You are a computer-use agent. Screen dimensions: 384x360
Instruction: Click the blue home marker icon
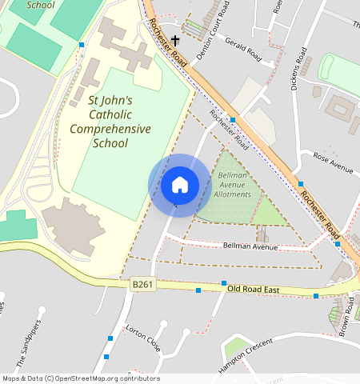coord(180,185)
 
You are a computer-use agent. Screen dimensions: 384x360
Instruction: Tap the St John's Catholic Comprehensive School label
coord(110,122)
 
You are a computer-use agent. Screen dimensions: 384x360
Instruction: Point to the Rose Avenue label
coord(333,162)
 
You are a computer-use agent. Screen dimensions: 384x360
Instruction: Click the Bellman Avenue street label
coord(250,246)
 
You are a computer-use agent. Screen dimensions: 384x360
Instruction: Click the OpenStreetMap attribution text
coord(80,378)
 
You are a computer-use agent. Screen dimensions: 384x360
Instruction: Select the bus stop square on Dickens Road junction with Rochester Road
coord(301,183)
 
